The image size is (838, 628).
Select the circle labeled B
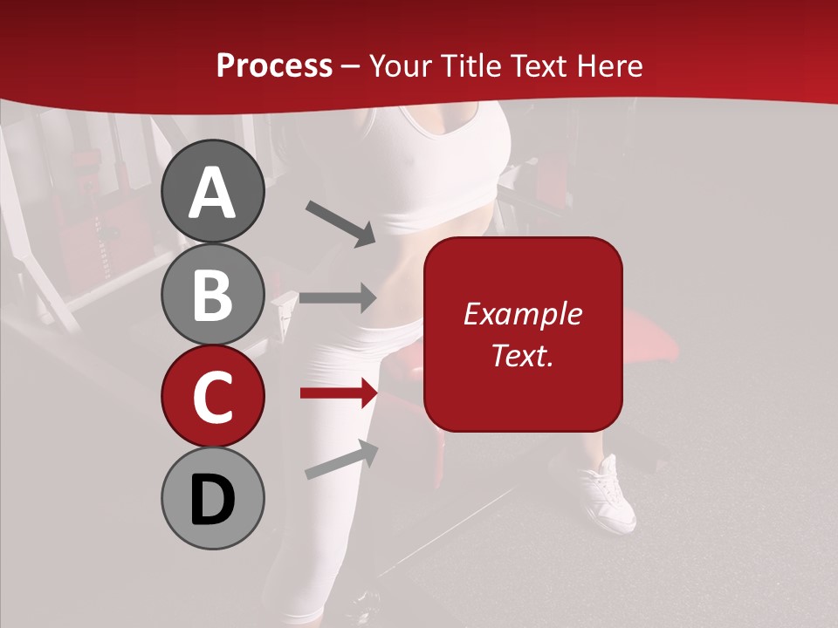tap(212, 294)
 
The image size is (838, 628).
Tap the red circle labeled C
tap(212, 396)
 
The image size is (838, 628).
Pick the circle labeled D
tap(212, 499)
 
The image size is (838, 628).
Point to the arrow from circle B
tap(338, 297)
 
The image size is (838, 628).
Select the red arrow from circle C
tap(338, 394)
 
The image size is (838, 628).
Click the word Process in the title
tap(274, 65)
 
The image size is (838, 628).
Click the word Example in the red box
tap(522, 314)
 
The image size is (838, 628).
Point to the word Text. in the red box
tap(522, 355)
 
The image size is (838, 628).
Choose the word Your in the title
tap(397, 65)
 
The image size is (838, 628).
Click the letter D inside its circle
tap(212, 501)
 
